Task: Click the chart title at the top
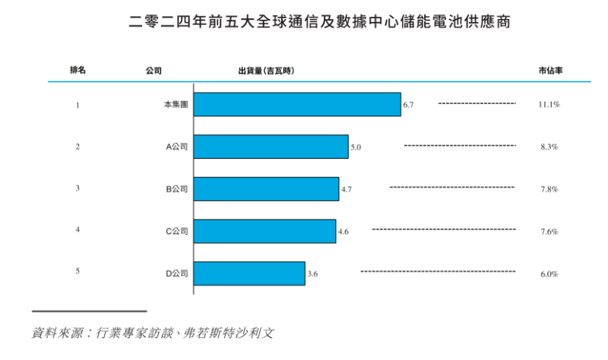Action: point(304,23)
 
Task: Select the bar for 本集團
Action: point(297,104)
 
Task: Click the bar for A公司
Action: point(271,147)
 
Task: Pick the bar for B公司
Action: point(266,188)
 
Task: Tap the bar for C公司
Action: point(264,231)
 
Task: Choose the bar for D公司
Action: point(249,273)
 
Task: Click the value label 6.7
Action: point(408,104)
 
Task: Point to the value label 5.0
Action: point(356,147)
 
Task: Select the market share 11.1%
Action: point(549,104)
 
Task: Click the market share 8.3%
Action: point(549,147)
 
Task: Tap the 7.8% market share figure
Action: point(549,189)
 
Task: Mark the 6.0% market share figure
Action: point(549,273)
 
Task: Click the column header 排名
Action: point(78,71)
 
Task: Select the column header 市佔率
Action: point(549,71)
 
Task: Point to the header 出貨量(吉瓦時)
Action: point(266,71)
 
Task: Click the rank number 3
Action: point(78,188)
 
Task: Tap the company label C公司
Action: point(177,231)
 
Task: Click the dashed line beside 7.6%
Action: point(443,229)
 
